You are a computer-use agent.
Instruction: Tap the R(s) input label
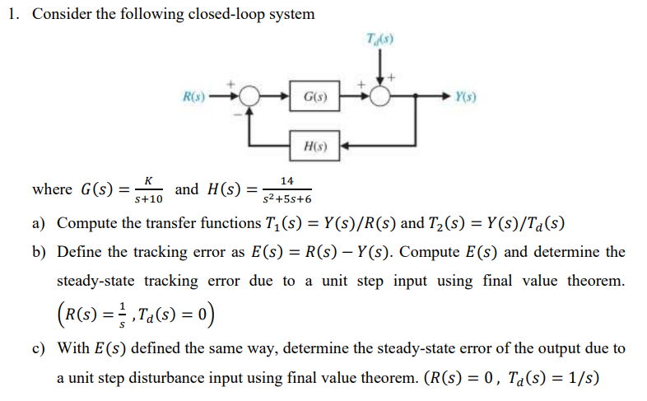195,96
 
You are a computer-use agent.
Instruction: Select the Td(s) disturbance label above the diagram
379,40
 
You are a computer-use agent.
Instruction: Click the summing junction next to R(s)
247,96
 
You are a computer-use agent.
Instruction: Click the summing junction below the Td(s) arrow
379,96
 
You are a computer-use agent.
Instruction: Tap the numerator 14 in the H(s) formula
286,180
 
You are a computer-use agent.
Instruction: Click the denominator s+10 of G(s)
148,199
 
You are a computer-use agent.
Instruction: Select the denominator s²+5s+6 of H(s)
286,199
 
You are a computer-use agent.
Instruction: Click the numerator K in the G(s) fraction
147,180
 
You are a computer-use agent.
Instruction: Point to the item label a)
39,223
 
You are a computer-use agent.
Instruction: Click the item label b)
39,252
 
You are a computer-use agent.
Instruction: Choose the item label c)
39,348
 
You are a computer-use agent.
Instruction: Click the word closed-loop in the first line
202,15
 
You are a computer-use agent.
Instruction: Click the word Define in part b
78,252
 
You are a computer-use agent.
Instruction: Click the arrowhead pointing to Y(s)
445,96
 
